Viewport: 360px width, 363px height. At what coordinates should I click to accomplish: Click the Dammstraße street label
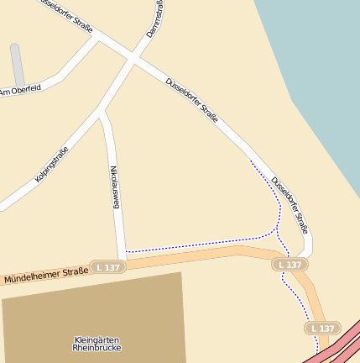(x=155, y=18)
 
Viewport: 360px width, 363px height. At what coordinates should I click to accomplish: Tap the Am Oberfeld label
(x=20, y=90)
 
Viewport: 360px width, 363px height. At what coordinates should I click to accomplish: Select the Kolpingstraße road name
(x=52, y=165)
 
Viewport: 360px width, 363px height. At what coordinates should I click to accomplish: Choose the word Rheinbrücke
(x=97, y=347)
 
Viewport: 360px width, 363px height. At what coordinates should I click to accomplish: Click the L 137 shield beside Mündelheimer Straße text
(x=108, y=266)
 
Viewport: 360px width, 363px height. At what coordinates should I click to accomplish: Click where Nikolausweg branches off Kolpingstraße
(x=103, y=116)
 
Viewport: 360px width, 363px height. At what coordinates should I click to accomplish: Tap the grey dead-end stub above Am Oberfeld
(x=17, y=63)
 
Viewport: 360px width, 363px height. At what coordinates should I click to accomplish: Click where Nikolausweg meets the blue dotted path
(x=126, y=252)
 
